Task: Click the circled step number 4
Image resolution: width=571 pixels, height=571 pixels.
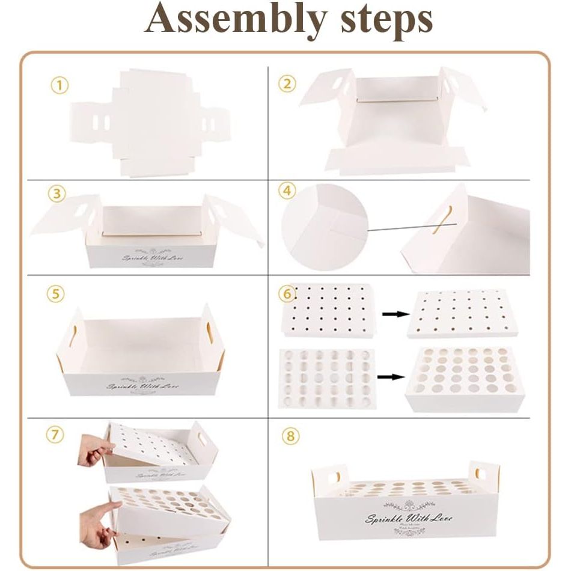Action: click(287, 192)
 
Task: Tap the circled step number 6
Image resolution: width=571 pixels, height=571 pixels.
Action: click(288, 295)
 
